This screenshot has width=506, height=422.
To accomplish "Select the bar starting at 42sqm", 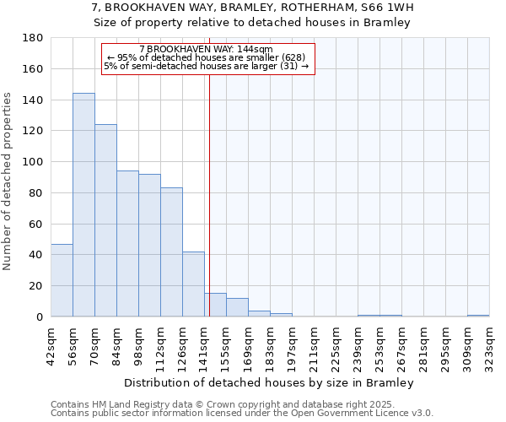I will click(62, 280).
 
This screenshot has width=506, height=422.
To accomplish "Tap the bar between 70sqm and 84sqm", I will click(105, 220).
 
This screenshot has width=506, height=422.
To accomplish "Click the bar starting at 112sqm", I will click(171, 252).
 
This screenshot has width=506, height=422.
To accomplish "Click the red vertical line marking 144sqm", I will click(209, 194).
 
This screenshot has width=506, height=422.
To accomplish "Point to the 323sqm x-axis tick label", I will click(489, 345).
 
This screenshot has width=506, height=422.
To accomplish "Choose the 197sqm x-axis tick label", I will click(292, 345).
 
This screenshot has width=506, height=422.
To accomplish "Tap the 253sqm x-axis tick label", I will click(379, 345).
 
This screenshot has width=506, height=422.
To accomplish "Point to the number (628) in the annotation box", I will click(288, 57).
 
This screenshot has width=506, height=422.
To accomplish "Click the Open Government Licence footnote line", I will click(242, 414).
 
